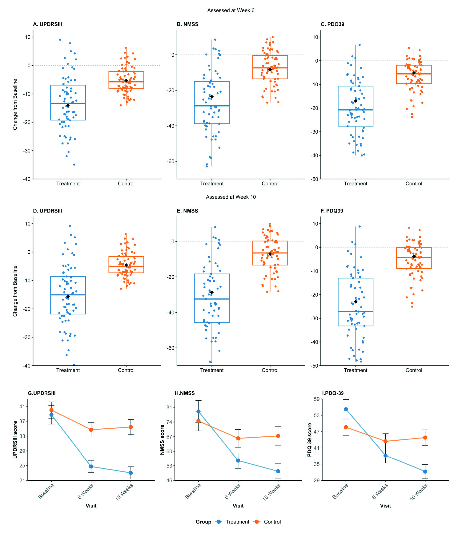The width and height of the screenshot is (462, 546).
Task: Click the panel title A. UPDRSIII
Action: (x=47, y=24)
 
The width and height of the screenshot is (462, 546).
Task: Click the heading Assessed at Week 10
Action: (x=231, y=197)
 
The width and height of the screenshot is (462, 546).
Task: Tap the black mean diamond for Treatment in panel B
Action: (x=212, y=97)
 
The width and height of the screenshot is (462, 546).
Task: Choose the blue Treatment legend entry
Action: (x=232, y=522)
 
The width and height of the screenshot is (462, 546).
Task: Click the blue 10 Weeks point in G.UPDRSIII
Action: (x=131, y=473)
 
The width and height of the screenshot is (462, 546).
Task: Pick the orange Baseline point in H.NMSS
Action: (x=199, y=421)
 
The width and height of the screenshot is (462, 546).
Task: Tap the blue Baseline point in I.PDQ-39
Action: (x=346, y=409)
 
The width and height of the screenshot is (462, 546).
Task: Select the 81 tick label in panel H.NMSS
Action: (x=169, y=407)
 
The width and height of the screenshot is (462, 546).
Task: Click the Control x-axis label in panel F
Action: (x=414, y=370)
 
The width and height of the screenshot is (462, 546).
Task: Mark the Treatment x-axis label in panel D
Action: (x=68, y=370)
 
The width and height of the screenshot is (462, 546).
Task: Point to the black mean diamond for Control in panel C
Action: (x=414, y=73)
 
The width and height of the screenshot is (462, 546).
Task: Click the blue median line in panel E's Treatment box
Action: (x=212, y=299)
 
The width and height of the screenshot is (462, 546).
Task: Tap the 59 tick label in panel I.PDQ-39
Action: (x=316, y=399)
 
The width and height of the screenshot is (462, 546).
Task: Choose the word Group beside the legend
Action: (x=203, y=522)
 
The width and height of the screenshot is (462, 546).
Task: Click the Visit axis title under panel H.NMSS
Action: (x=238, y=506)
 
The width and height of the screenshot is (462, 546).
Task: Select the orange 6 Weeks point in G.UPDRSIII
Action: (x=91, y=430)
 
